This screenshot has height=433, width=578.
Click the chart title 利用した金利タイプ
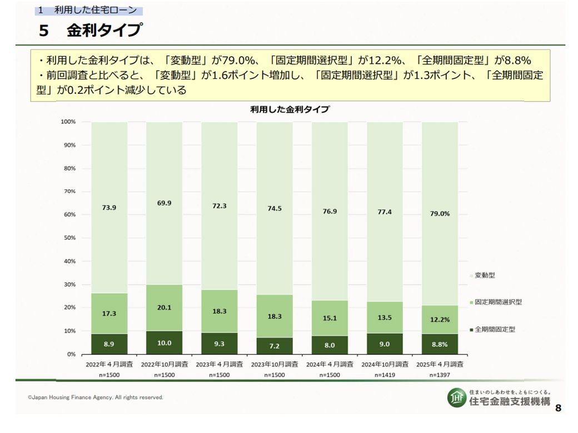click(290, 109)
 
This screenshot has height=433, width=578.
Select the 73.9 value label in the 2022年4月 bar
click(109, 208)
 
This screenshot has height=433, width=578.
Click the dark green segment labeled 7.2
click(274, 345)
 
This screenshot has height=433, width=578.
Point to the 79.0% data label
click(440, 213)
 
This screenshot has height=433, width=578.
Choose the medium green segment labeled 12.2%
click(440, 320)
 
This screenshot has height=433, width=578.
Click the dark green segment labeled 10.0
click(164, 343)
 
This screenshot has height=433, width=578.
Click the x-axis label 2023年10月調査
click(274, 365)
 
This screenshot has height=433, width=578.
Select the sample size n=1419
click(385, 375)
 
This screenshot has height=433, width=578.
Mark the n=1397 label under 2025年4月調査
click(439, 375)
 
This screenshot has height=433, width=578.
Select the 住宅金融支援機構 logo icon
click(457, 397)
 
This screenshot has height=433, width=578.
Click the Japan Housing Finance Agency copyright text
click(96, 397)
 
